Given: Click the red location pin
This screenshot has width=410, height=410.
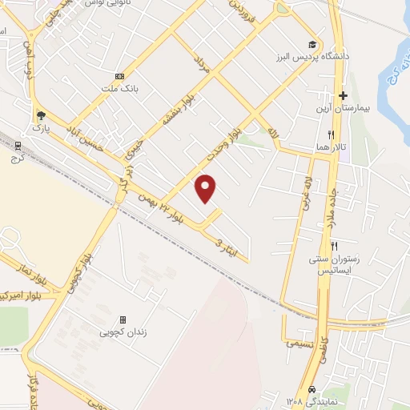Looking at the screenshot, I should click(x=207, y=187).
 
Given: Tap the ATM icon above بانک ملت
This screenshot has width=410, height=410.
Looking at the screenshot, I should click(x=119, y=76).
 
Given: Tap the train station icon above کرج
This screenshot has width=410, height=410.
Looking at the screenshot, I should click(x=18, y=144).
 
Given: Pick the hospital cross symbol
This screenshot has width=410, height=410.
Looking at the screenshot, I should click(x=343, y=95).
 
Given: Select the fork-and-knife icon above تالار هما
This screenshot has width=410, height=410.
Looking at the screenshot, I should click(x=329, y=135).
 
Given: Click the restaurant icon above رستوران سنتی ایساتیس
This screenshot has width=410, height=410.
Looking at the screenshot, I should click(x=335, y=246).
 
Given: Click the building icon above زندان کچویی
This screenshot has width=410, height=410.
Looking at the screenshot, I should click(x=123, y=319).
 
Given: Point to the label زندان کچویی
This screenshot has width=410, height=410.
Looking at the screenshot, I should click(x=123, y=332).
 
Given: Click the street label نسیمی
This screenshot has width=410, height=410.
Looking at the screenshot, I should click(x=299, y=342).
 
